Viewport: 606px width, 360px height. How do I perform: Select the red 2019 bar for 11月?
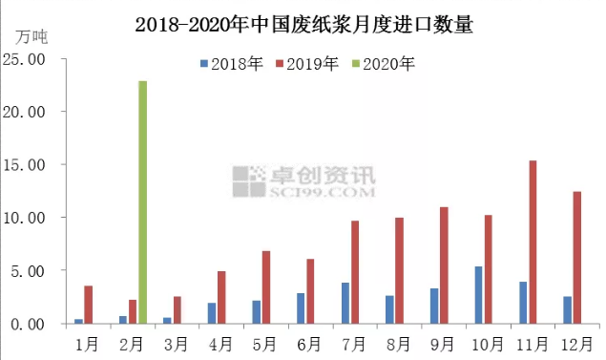[x=533, y=242]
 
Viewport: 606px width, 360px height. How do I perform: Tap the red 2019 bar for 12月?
[x=576, y=258]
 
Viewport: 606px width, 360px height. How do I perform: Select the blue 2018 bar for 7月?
[x=345, y=303]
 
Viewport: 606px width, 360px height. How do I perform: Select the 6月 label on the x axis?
[x=308, y=340]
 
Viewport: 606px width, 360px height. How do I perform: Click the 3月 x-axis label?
[x=176, y=340]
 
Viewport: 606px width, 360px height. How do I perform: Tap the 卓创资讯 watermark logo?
[x=305, y=179]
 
